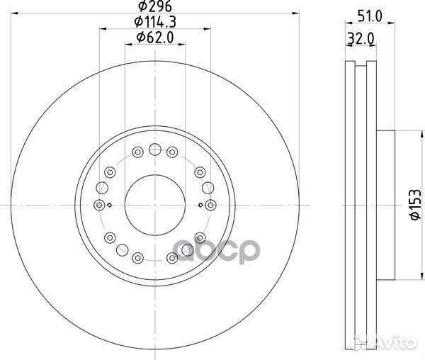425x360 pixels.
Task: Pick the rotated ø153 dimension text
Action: [x=413, y=205]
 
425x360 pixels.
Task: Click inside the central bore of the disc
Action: [x=154, y=204]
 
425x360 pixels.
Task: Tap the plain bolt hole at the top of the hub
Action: [x=154, y=149]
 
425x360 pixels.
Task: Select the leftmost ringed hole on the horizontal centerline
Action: [x=99, y=204]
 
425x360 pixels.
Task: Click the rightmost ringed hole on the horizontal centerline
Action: [x=210, y=204]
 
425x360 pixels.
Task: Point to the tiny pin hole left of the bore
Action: [x=113, y=205]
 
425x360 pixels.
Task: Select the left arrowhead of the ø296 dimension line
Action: [x=16, y=14]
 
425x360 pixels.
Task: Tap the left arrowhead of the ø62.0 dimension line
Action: [x=128, y=43]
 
